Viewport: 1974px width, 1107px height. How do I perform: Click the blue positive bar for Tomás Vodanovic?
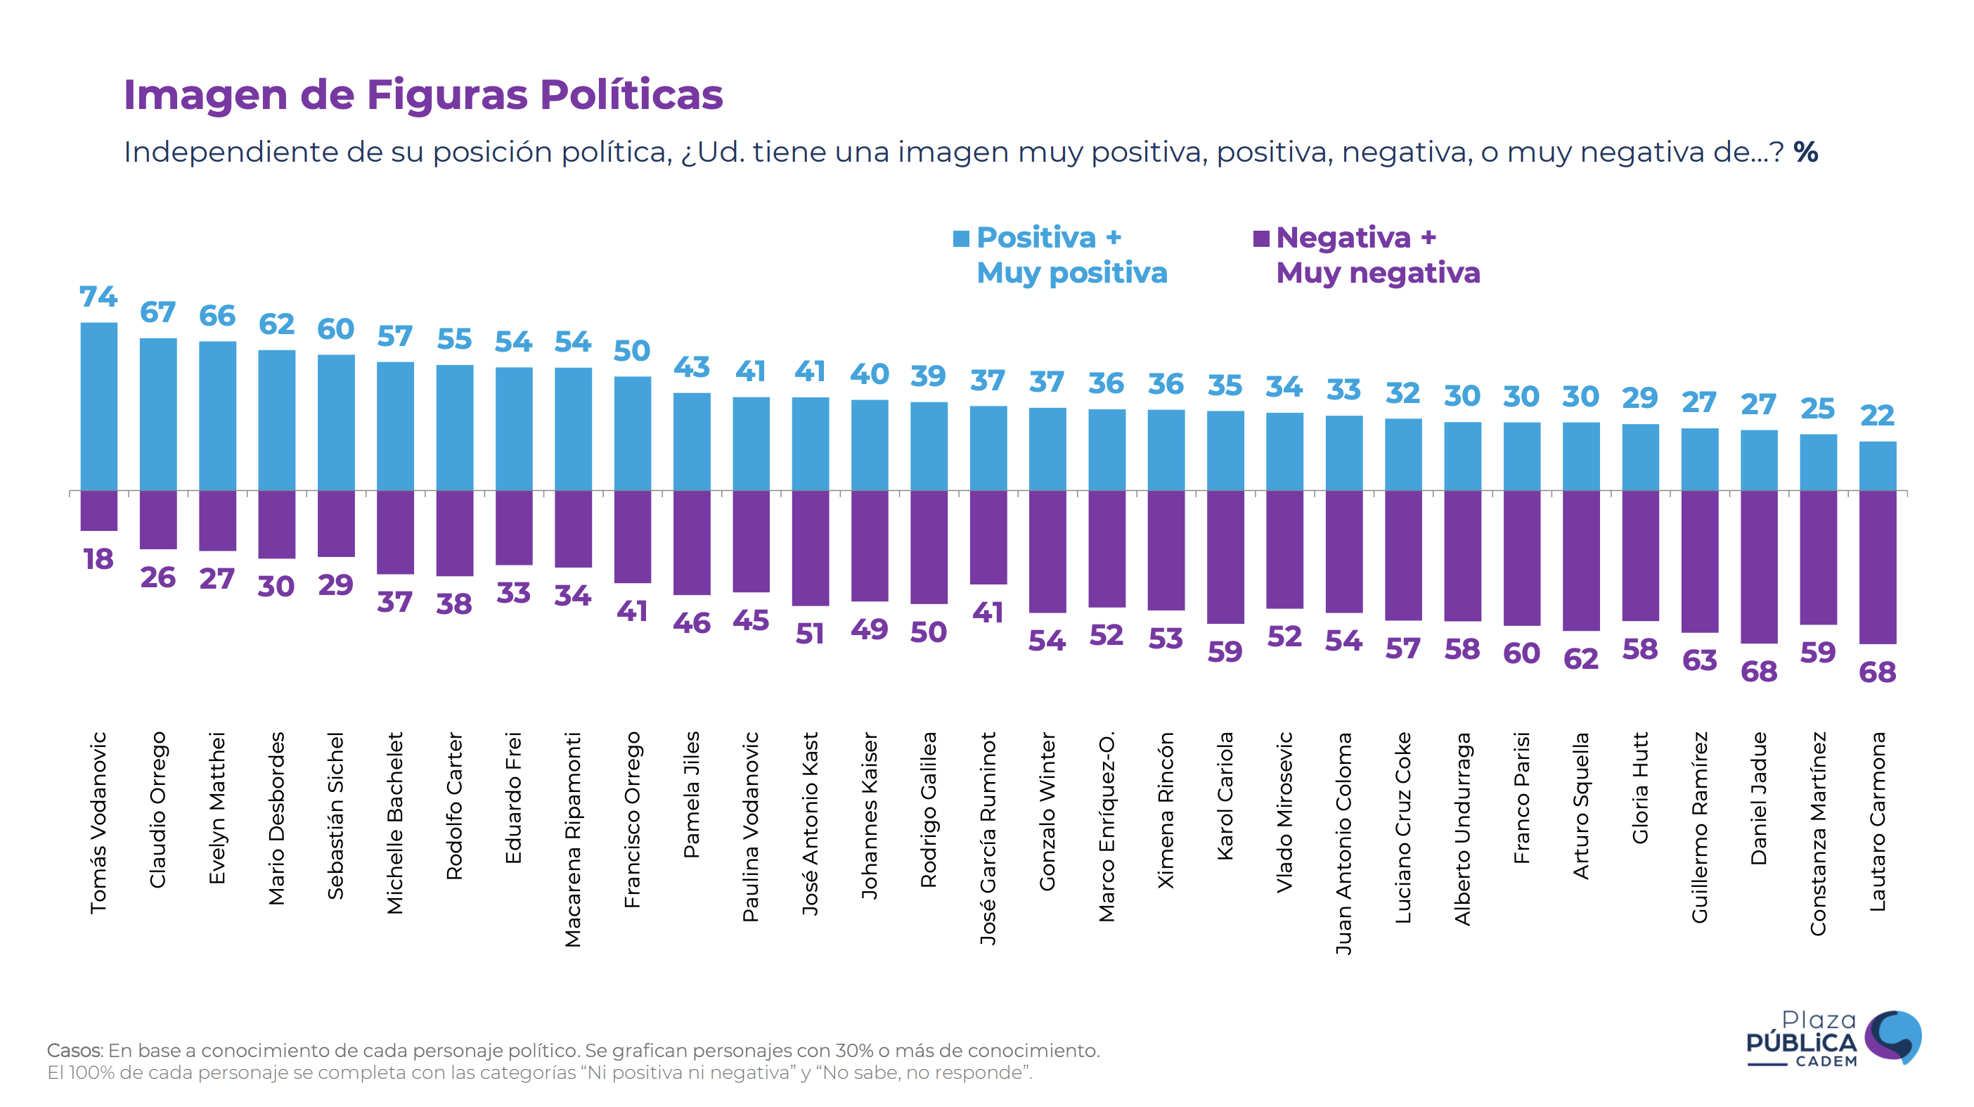tap(99, 407)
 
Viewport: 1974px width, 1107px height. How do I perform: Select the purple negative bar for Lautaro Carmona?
tap(1878, 567)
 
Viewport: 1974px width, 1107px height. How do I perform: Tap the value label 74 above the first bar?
tap(99, 297)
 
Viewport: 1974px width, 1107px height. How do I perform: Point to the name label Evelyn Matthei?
tap(218, 808)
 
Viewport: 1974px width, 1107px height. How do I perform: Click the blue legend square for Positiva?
tap(961, 238)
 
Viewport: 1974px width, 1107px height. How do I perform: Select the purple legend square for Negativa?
tap(1260, 238)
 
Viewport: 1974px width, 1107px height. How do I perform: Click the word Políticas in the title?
tap(631, 95)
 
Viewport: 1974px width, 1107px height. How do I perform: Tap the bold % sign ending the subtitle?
tap(1805, 152)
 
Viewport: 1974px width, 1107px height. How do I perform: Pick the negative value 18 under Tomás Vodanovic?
tap(99, 559)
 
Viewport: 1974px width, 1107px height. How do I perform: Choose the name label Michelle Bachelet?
tap(395, 823)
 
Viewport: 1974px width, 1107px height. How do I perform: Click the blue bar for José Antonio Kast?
tap(810, 444)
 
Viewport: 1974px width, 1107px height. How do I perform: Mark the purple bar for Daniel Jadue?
tap(1759, 567)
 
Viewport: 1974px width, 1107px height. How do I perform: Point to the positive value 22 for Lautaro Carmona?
tap(1878, 416)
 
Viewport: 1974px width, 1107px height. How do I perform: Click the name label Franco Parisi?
tap(1522, 798)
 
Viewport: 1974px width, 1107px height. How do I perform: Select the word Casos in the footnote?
tap(75, 1050)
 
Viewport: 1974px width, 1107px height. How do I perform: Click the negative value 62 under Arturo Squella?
tap(1581, 658)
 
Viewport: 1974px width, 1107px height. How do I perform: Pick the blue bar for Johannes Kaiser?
tap(870, 445)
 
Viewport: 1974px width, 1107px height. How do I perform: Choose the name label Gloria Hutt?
tap(1640, 788)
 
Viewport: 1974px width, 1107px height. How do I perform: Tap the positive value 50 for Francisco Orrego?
tap(632, 351)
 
